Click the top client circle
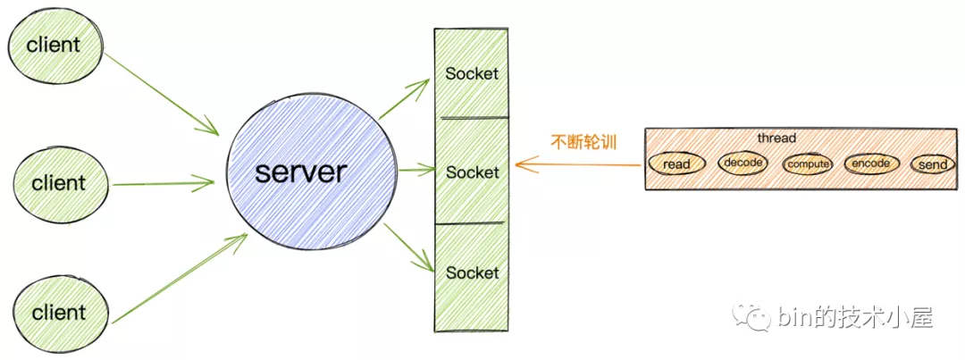click(54, 45)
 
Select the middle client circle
click(59, 183)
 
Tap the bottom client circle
click(59, 312)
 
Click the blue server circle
click(300, 172)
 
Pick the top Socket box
click(471, 73)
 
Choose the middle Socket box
click(471, 172)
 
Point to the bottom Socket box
click(471, 272)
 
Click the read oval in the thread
click(676, 163)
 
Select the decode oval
click(743, 163)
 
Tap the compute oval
click(808, 164)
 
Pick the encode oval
click(871, 163)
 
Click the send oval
click(932, 165)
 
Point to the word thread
click(776, 138)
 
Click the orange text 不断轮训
click(584, 142)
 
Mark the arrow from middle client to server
click(164, 184)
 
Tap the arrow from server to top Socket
click(404, 100)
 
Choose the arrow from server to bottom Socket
click(407, 246)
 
